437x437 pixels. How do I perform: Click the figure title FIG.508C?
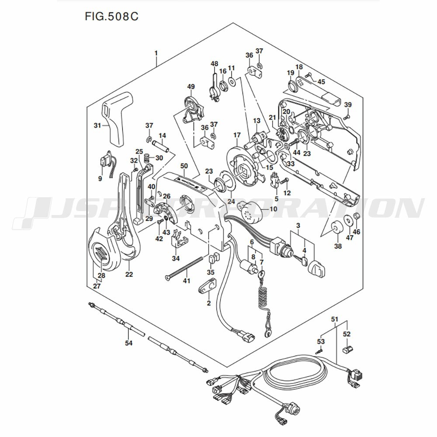tap(111, 17)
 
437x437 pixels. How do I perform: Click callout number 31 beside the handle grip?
tap(97, 125)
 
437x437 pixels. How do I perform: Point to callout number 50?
tap(184, 166)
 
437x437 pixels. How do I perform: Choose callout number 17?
tap(237, 135)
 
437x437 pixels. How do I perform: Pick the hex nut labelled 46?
tap(356, 216)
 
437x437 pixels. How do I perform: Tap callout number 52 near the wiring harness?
tap(347, 334)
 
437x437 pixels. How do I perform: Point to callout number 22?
tap(129, 274)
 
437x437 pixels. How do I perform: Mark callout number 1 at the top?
tap(156, 53)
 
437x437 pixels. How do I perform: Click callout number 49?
tap(191, 87)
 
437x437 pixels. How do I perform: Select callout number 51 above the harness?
tap(334, 319)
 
